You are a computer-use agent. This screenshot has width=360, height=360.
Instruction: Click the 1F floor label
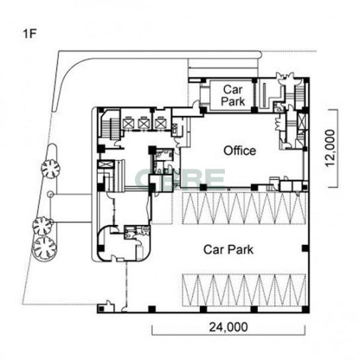click(30, 34)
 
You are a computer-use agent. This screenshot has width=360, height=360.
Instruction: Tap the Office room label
click(240, 151)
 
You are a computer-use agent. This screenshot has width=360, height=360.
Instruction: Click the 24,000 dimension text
click(228, 327)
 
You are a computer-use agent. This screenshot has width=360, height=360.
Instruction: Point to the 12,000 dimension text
click(330, 148)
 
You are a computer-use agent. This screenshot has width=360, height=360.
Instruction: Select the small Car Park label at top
click(233, 95)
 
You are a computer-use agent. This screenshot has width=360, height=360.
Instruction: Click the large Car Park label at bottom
click(228, 249)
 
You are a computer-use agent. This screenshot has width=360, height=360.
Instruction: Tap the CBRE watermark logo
click(180, 179)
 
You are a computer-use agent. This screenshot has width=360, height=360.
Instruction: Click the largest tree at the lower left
click(44, 248)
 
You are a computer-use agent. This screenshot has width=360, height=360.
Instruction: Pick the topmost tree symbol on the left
click(50, 169)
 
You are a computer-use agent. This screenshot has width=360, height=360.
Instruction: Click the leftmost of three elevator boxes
click(128, 124)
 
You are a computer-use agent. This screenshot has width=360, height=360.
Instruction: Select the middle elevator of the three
click(143, 124)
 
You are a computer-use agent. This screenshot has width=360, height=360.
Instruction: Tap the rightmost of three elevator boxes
click(160, 124)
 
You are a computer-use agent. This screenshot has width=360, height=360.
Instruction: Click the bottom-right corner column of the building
click(305, 310)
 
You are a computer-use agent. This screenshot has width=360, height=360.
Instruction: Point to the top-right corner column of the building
click(306, 81)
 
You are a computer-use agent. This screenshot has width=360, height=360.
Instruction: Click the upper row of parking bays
click(244, 208)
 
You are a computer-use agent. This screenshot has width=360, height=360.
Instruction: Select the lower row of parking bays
click(244, 291)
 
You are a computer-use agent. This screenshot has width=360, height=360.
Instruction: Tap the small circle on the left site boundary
click(50, 195)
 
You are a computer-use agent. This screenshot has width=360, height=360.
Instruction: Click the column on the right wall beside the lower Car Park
click(305, 248)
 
